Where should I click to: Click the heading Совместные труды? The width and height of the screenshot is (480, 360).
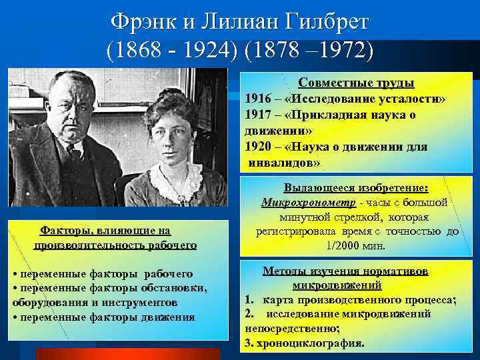click(356, 83)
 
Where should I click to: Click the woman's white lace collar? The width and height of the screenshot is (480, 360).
click(177, 175)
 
